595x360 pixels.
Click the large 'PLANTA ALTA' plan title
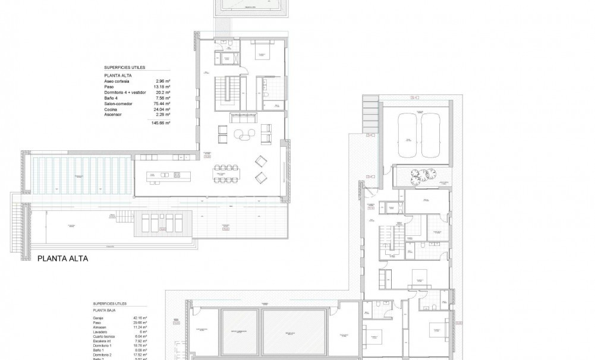(63, 259)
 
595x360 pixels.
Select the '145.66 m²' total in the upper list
(159, 122)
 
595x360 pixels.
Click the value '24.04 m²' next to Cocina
(162, 109)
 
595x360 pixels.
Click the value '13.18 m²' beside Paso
(162, 87)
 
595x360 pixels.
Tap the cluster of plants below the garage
(423, 173)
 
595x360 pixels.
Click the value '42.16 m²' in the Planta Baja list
(140, 318)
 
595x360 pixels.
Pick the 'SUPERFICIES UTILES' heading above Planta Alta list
(124, 68)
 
